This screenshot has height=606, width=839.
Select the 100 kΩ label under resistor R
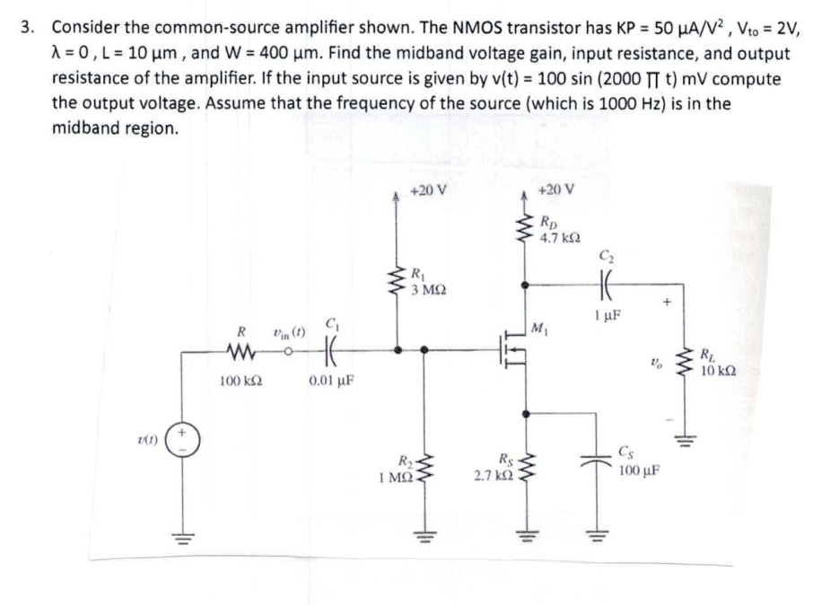(x=240, y=381)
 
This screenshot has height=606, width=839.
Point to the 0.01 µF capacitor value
(x=331, y=381)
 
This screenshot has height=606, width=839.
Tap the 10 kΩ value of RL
(x=718, y=369)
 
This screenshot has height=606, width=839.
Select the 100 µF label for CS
(x=640, y=470)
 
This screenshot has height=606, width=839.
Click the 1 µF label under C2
(x=607, y=316)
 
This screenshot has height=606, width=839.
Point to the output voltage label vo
(x=660, y=361)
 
